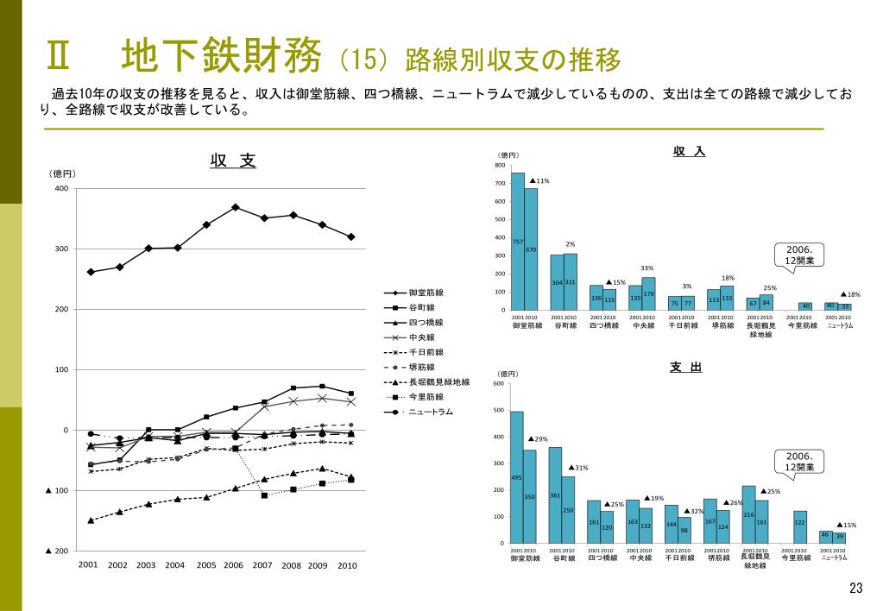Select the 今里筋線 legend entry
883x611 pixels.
[426, 396]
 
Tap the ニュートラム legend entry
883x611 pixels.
[430, 412]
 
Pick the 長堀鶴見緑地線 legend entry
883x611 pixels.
[438, 381]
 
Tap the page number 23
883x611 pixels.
[856, 589]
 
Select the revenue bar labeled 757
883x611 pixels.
[518, 241]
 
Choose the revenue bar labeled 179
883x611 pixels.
[648, 293]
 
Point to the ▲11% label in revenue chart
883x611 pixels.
[539, 180]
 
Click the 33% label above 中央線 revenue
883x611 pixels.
[646, 268]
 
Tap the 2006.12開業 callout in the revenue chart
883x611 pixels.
[800, 255]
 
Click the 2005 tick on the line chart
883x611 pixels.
[205, 565]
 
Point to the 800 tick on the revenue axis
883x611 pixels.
[501, 166]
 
